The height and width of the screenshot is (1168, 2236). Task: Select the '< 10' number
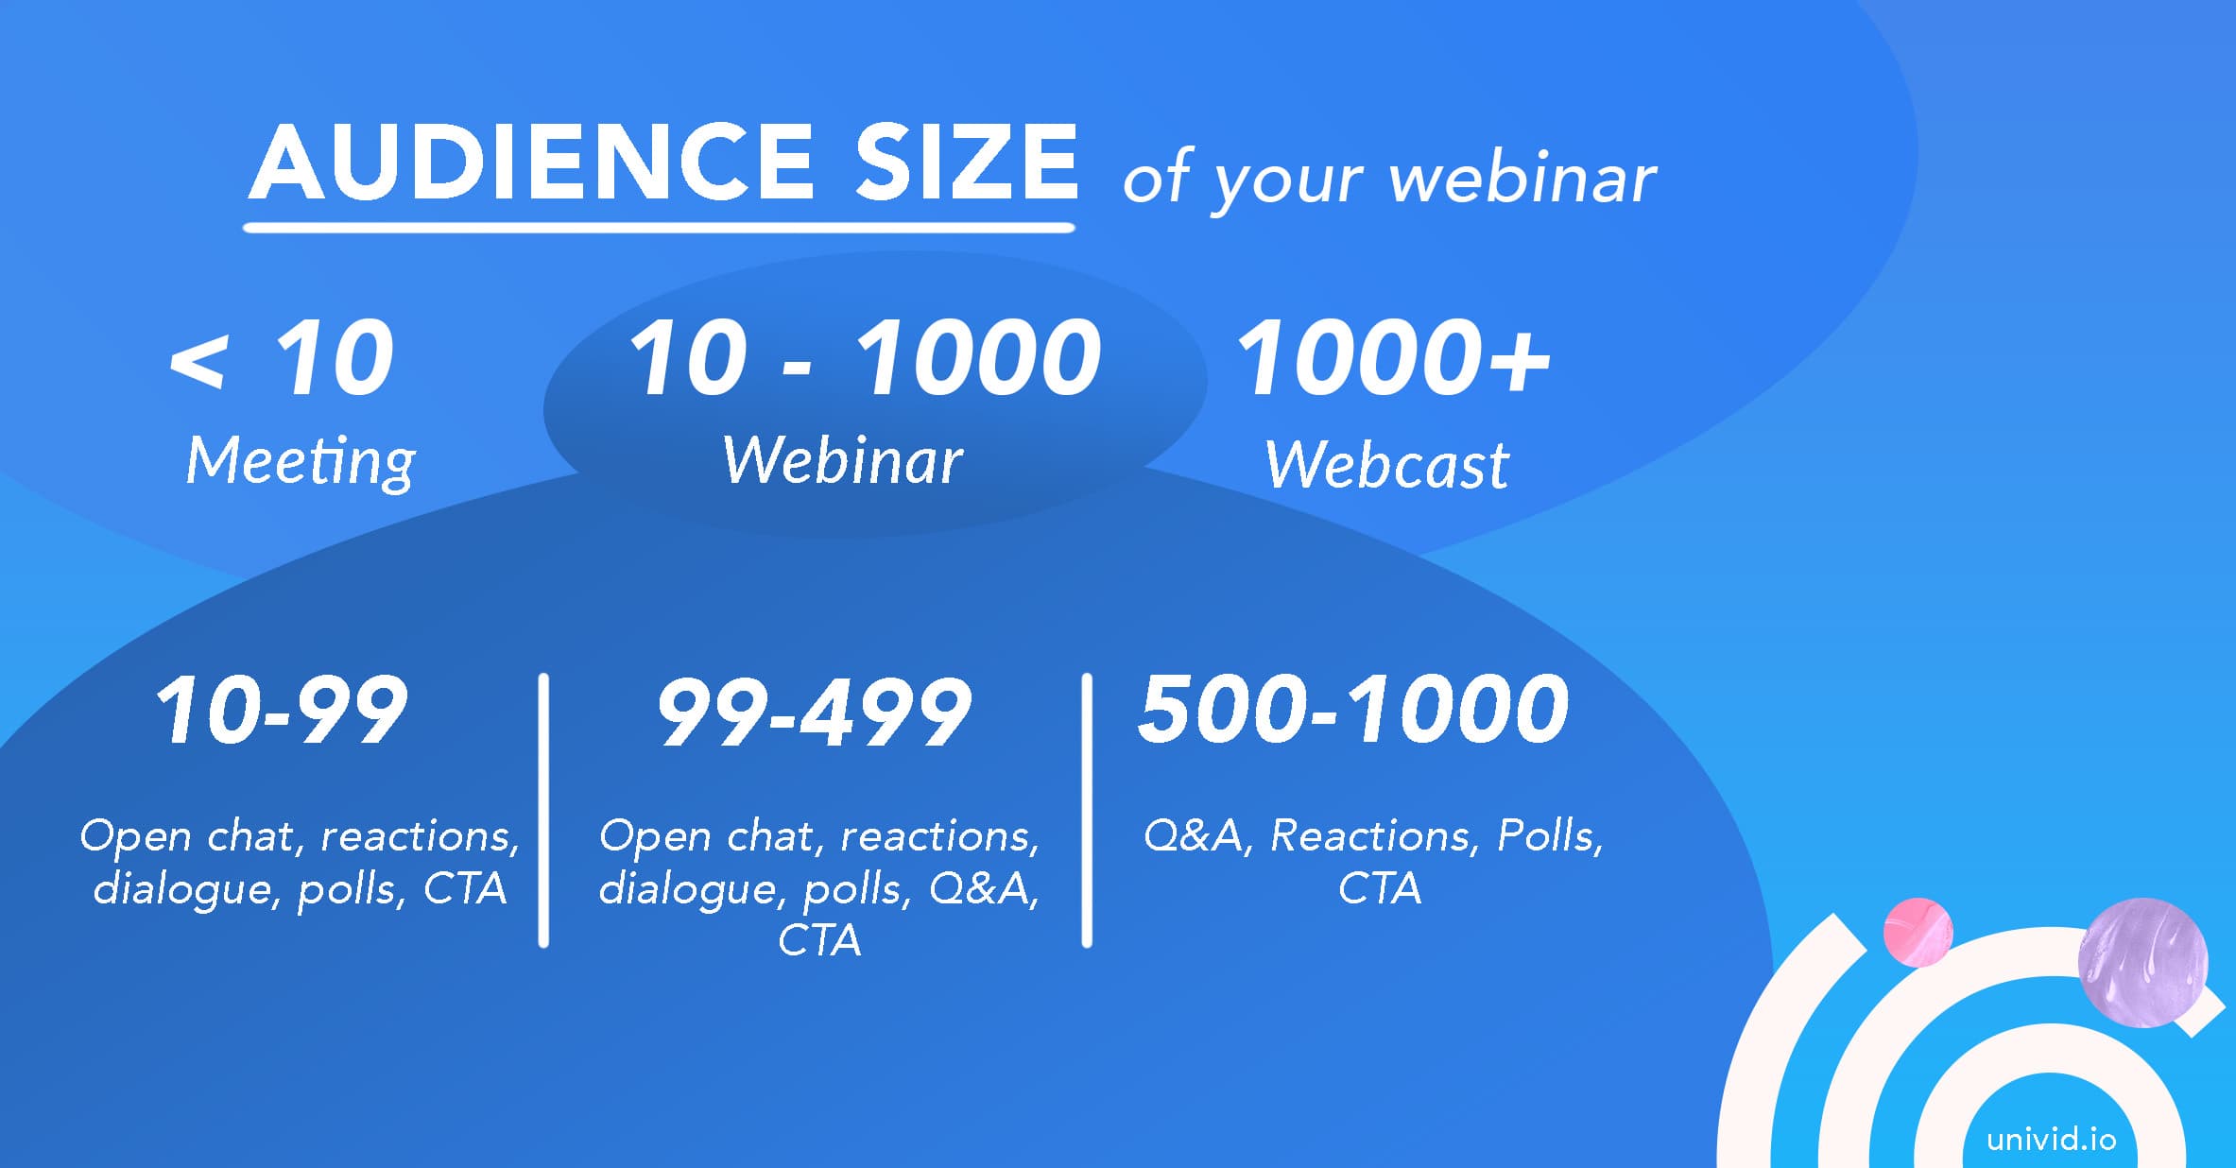282,358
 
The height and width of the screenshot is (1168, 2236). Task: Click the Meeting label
301,462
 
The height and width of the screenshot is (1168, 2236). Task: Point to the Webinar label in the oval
842,460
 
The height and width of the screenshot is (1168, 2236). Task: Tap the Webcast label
1386,464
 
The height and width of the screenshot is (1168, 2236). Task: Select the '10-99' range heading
282,710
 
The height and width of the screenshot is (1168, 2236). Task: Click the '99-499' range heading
814,713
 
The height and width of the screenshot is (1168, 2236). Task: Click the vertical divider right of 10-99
543,810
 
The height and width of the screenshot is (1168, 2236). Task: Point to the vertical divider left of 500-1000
1087,810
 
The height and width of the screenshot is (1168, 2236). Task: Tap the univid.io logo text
2051,1139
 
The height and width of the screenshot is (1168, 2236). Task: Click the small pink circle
1918,932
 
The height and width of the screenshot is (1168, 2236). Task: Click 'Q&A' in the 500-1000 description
1193,836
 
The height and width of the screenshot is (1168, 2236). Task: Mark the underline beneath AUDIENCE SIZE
659,228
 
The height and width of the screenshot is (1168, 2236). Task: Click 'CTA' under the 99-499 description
819,941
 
